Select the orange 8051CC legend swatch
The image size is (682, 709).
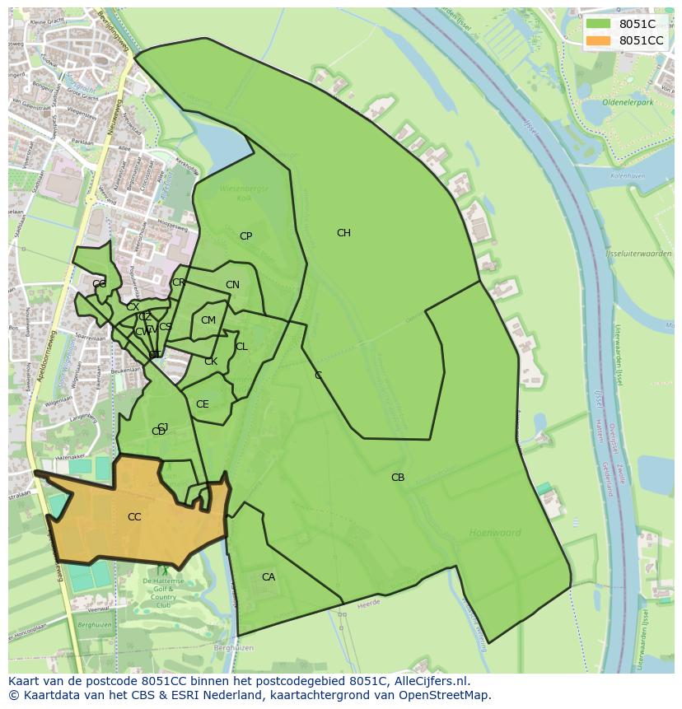click(599, 40)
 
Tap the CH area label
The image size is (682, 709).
click(343, 233)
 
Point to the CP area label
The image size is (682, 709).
click(245, 236)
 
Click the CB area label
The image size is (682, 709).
click(398, 478)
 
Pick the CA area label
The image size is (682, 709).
click(269, 577)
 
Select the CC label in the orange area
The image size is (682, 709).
click(134, 517)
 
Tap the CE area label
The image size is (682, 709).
click(203, 404)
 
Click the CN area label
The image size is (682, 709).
click(232, 286)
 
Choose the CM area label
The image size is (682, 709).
click(208, 320)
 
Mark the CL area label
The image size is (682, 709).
click(241, 347)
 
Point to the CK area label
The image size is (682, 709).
click(211, 361)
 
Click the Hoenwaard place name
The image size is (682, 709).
click(495, 533)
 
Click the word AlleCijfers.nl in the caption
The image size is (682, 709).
click(428, 681)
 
